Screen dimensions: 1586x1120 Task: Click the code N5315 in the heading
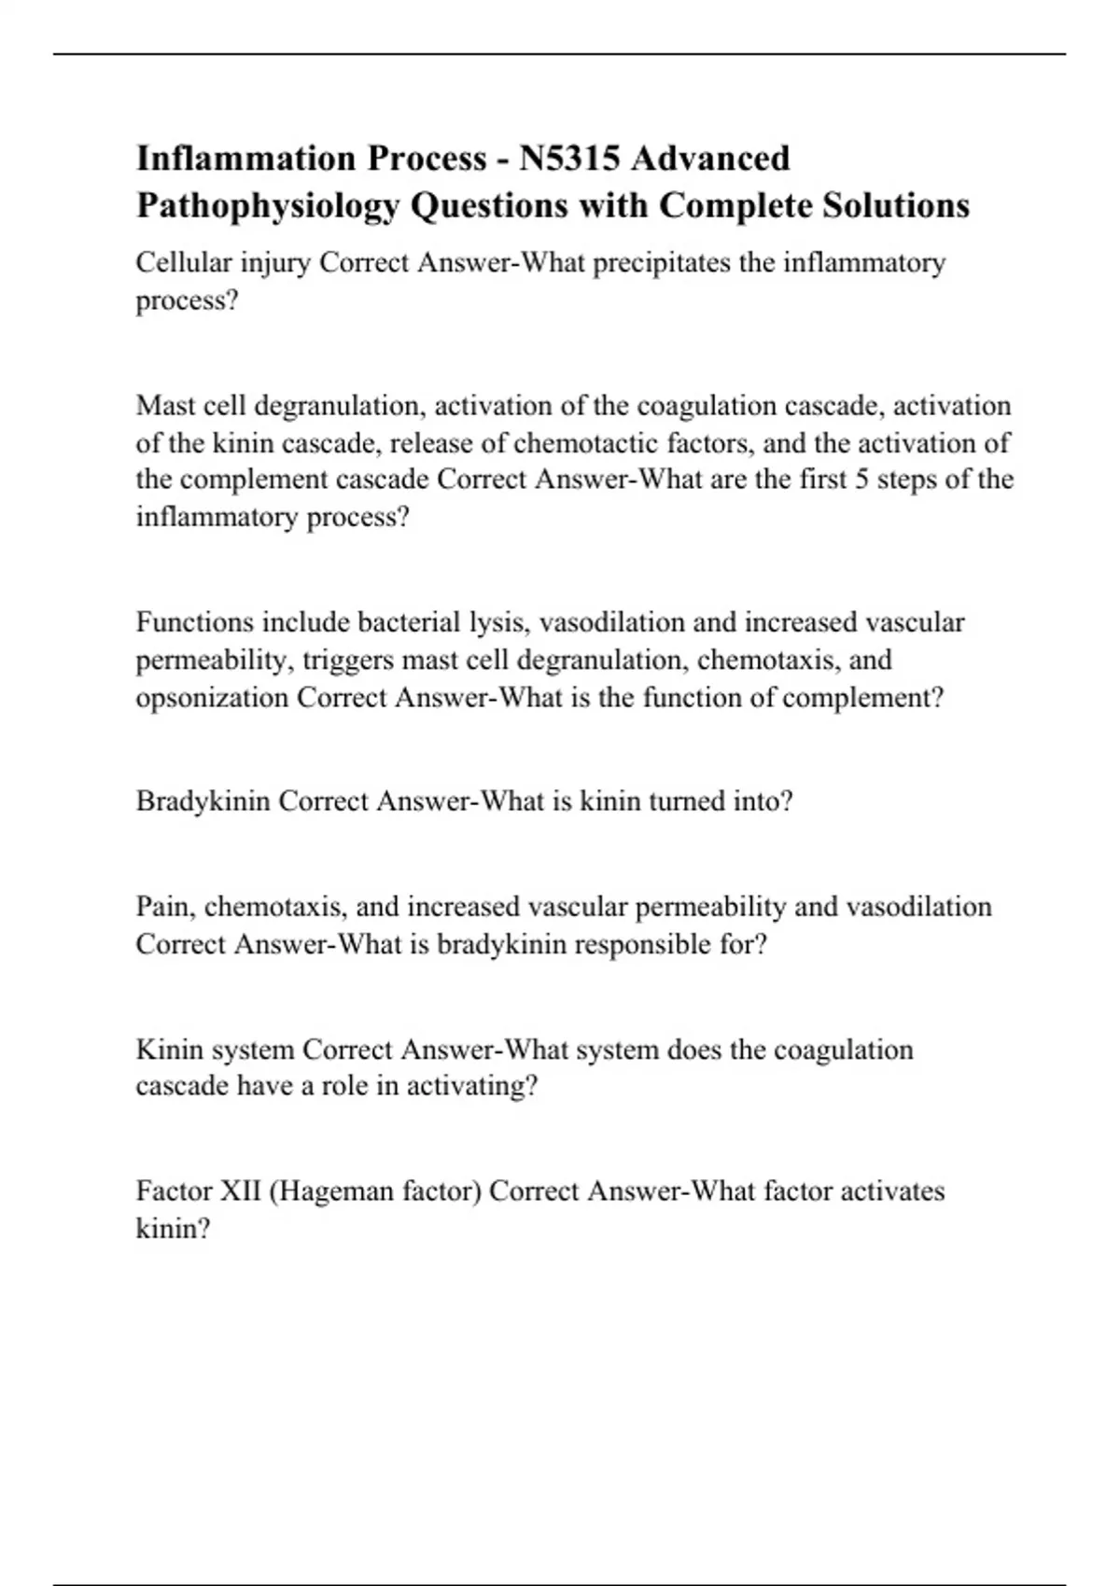point(568,159)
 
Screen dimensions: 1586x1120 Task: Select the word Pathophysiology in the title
point(267,206)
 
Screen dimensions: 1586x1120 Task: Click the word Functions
point(194,622)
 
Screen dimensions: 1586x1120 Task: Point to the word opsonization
point(212,698)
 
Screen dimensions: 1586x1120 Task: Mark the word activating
point(471,1087)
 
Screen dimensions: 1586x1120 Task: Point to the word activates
point(893,1191)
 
